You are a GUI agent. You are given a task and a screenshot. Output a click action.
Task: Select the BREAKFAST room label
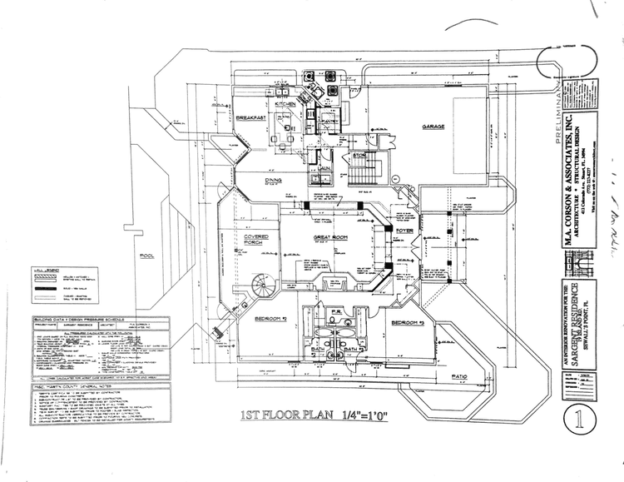pyautogui.click(x=250, y=119)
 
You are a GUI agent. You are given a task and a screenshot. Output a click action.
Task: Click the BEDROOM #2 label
pyautogui.click(x=271, y=319)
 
